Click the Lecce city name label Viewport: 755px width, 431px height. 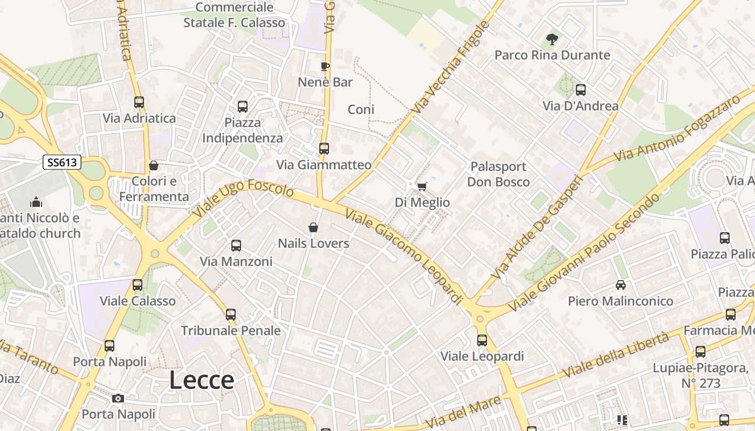pyautogui.click(x=202, y=380)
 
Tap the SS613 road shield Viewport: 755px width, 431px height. pyautogui.click(x=62, y=162)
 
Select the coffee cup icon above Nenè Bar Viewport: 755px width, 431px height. pyautogui.click(x=325, y=67)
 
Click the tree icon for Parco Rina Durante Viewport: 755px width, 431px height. pyautogui.click(x=552, y=39)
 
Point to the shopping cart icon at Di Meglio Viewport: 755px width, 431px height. pyautogui.click(x=422, y=186)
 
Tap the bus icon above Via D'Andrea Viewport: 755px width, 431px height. pyautogui.click(x=581, y=90)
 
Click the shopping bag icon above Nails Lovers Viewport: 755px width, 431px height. pyautogui.click(x=313, y=228)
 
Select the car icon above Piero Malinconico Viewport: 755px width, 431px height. pyautogui.click(x=621, y=285)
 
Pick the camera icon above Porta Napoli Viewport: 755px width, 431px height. pyautogui.click(x=118, y=399)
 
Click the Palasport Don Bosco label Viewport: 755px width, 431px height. pyautogui.click(x=498, y=174)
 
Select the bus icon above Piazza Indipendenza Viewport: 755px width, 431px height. pyautogui.click(x=243, y=107)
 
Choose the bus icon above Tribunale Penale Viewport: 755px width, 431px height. pyautogui.click(x=231, y=315)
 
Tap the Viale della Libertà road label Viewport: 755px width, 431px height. pyautogui.click(x=616, y=355)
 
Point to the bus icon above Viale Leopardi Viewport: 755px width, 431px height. pyautogui.click(x=482, y=340)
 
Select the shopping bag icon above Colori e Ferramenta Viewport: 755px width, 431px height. pyautogui.click(x=154, y=165)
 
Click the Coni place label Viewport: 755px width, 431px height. pyautogui.click(x=361, y=109)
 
